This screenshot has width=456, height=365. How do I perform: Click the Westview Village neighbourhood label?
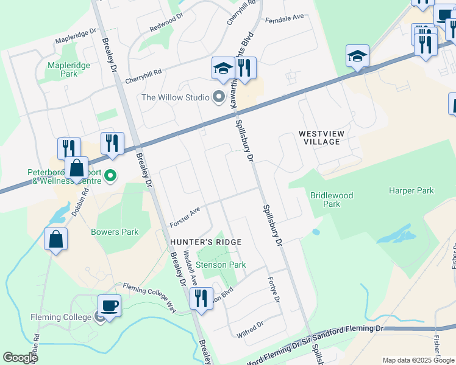point(319,137)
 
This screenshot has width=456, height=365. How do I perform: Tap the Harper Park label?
point(411,190)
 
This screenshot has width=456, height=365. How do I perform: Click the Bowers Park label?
point(115,232)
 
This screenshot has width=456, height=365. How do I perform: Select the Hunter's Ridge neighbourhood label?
point(205,242)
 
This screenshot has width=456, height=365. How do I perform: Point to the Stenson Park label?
point(220,265)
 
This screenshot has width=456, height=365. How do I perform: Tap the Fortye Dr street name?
point(273,291)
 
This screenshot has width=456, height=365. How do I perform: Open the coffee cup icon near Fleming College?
point(110,305)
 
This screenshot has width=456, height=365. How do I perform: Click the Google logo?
point(20,358)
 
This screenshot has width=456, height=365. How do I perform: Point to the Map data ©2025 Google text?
point(418,360)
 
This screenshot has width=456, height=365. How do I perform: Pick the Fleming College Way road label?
point(150,298)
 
